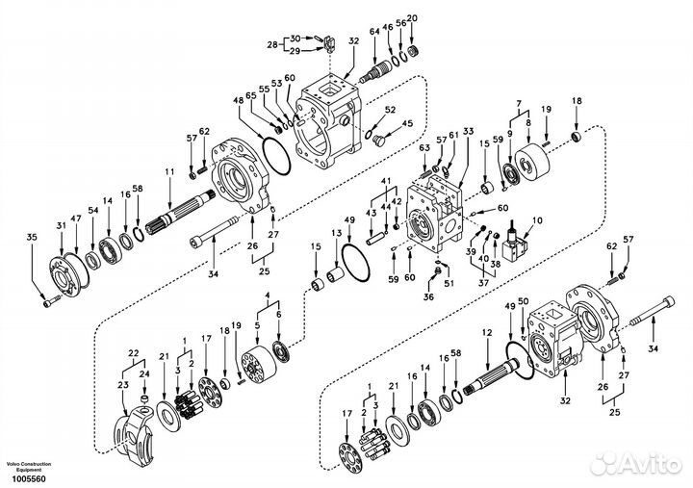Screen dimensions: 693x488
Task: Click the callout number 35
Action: [x=32, y=238]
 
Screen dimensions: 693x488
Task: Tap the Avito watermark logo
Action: [x=636, y=464]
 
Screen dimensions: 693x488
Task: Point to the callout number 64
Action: [x=374, y=32]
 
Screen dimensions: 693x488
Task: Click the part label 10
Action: [x=537, y=220]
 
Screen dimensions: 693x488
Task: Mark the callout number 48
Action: [x=239, y=101]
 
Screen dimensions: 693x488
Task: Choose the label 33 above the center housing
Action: [x=468, y=131]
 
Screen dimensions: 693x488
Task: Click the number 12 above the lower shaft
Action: [x=487, y=332]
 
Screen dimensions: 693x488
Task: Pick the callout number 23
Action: [x=122, y=385]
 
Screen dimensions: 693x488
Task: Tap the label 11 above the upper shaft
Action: [x=169, y=172]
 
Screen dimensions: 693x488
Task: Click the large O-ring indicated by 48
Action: [x=276, y=155]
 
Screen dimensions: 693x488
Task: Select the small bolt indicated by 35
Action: [x=51, y=303]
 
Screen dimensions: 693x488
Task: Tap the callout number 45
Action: [x=407, y=123]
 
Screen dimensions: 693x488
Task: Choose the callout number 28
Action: [x=272, y=44]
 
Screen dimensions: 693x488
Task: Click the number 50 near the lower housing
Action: [x=523, y=301]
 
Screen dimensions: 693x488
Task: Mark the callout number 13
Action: [x=336, y=233]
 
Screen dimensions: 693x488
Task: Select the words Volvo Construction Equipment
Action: [x=29, y=467]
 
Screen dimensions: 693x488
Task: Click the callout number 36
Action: [x=428, y=297]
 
